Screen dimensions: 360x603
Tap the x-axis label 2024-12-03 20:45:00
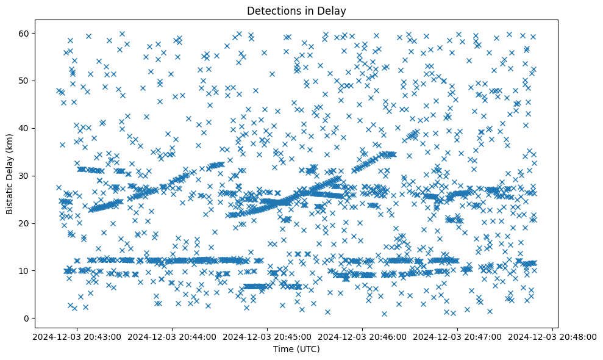(x=266, y=336)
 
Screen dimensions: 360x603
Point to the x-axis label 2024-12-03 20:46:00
(x=362, y=336)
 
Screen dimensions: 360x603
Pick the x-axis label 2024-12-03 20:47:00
(x=458, y=336)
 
